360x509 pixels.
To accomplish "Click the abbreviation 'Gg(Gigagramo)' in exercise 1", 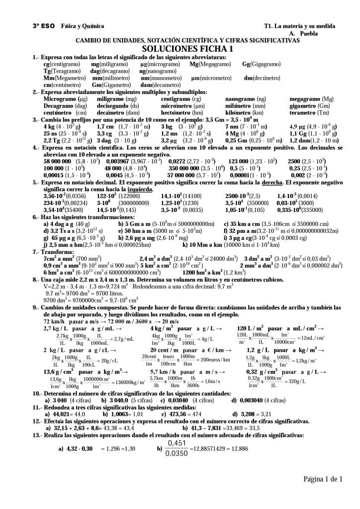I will pos(261,64).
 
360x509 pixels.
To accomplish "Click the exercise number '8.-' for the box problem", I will pos(36,280).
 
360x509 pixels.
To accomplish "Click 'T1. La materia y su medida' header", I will pos(300,26).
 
